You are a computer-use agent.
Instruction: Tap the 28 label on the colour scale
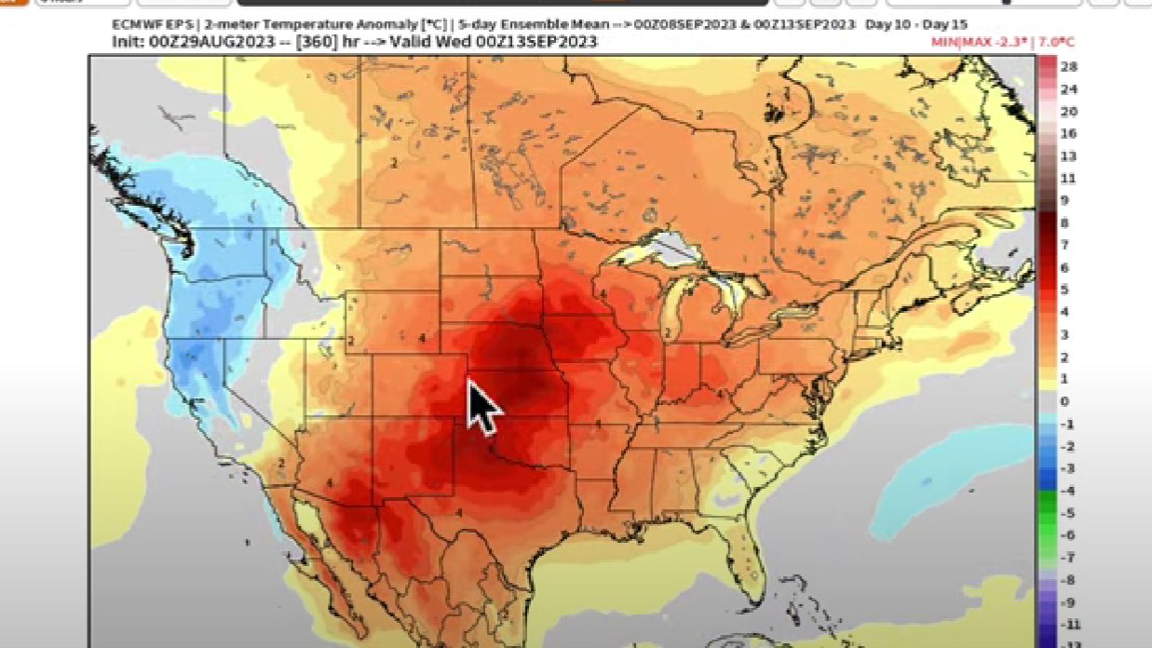(x=1069, y=68)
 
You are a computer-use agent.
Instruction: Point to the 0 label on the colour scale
(x=1066, y=401)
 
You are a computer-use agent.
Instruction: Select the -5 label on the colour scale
(x=1067, y=512)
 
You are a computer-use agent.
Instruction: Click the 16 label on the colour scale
(x=1069, y=134)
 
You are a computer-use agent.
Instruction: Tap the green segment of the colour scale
(x=1047, y=523)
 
